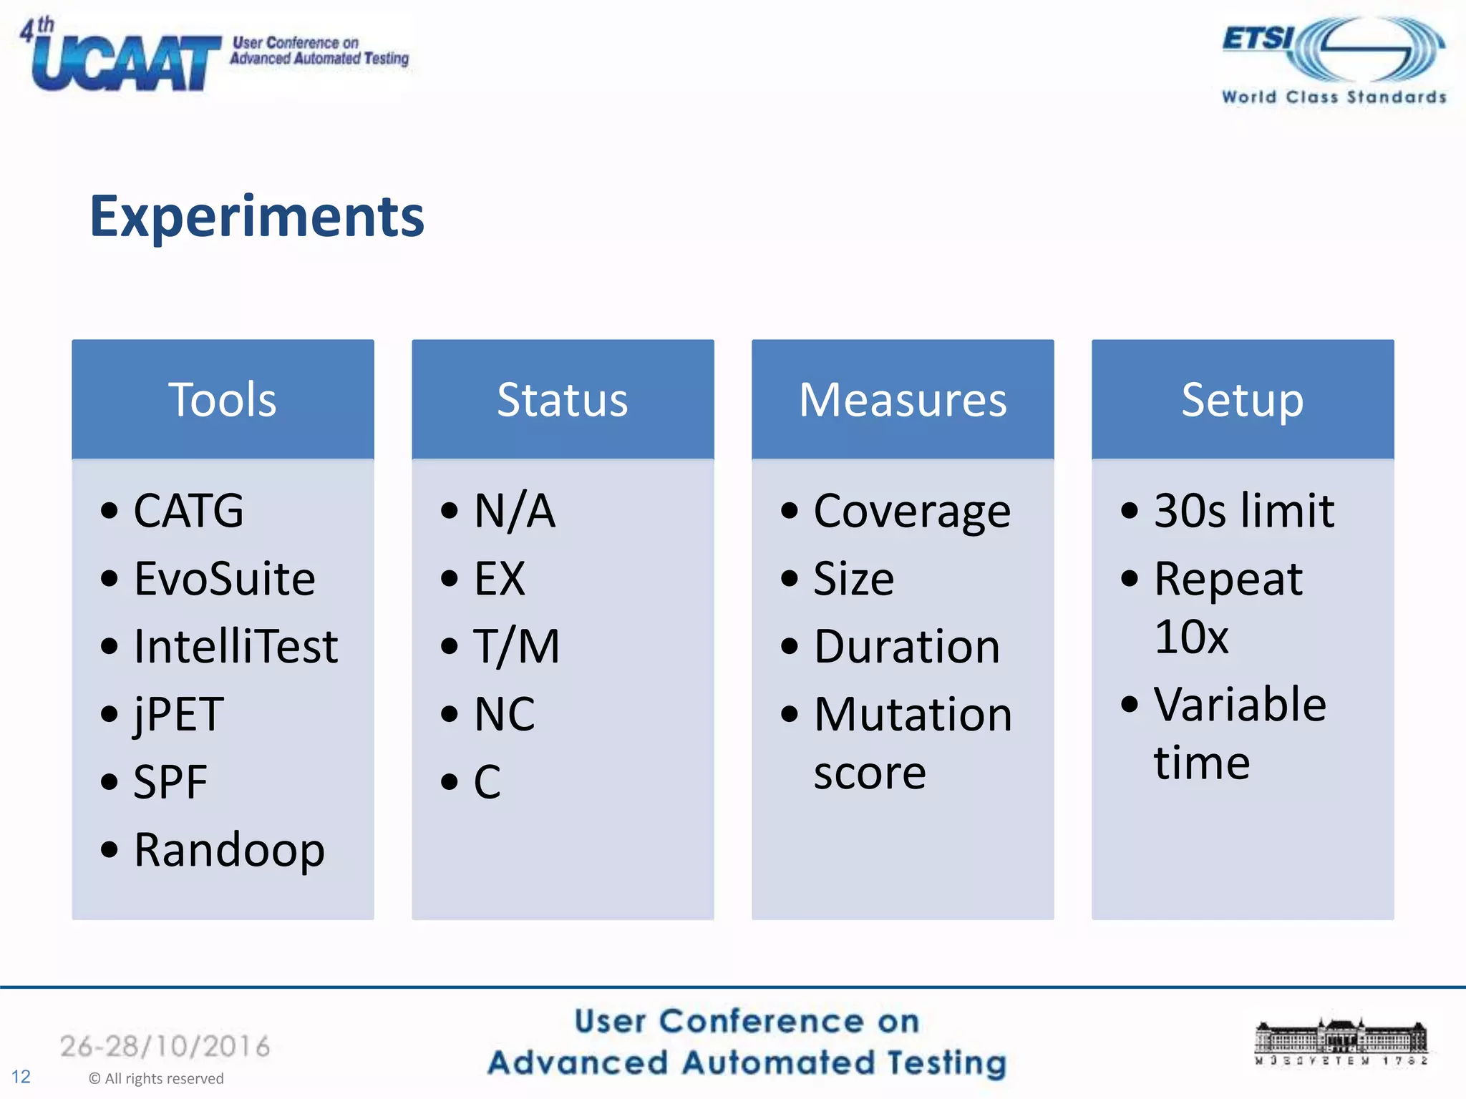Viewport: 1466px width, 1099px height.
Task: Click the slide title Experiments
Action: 256,217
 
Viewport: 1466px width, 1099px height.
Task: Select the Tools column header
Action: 223,399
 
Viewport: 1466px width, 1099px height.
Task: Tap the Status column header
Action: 563,399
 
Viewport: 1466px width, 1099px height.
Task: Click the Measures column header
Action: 903,399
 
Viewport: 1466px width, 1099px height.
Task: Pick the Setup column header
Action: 1243,399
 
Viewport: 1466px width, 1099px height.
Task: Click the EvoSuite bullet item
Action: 224,578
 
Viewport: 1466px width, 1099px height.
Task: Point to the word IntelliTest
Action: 236,646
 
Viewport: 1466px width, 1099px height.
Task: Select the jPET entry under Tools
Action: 179,714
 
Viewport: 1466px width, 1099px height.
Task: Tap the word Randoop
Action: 229,850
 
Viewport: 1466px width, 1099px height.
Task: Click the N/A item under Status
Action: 515,511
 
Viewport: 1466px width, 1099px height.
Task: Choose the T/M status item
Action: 516,646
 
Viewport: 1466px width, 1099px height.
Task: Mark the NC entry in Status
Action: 505,714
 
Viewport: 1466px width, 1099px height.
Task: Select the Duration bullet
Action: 906,647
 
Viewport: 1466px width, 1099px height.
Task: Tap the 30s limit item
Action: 1244,511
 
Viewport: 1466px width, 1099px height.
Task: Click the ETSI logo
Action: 1333,60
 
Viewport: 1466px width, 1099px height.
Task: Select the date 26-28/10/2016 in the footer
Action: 165,1046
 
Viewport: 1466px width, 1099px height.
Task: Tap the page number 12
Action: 21,1077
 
